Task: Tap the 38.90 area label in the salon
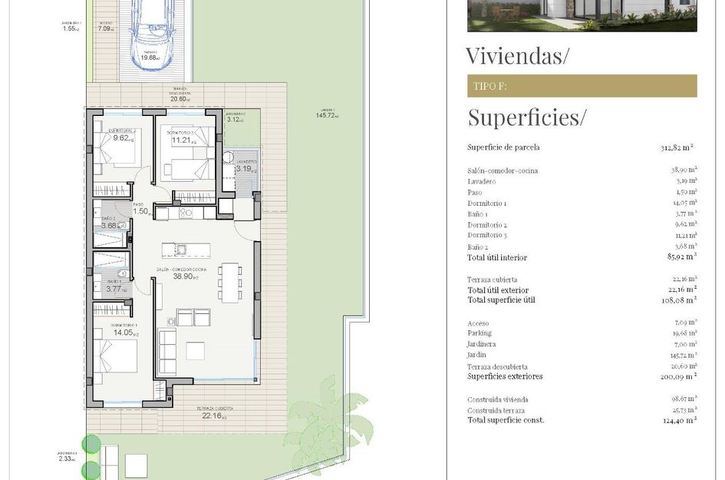point(183,276)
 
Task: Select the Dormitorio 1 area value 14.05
point(124,333)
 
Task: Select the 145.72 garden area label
point(326,115)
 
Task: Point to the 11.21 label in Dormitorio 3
point(181,140)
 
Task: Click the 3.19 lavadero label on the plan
point(245,168)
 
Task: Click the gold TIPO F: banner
point(582,86)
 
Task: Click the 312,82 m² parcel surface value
point(678,147)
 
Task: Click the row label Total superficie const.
point(506,420)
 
